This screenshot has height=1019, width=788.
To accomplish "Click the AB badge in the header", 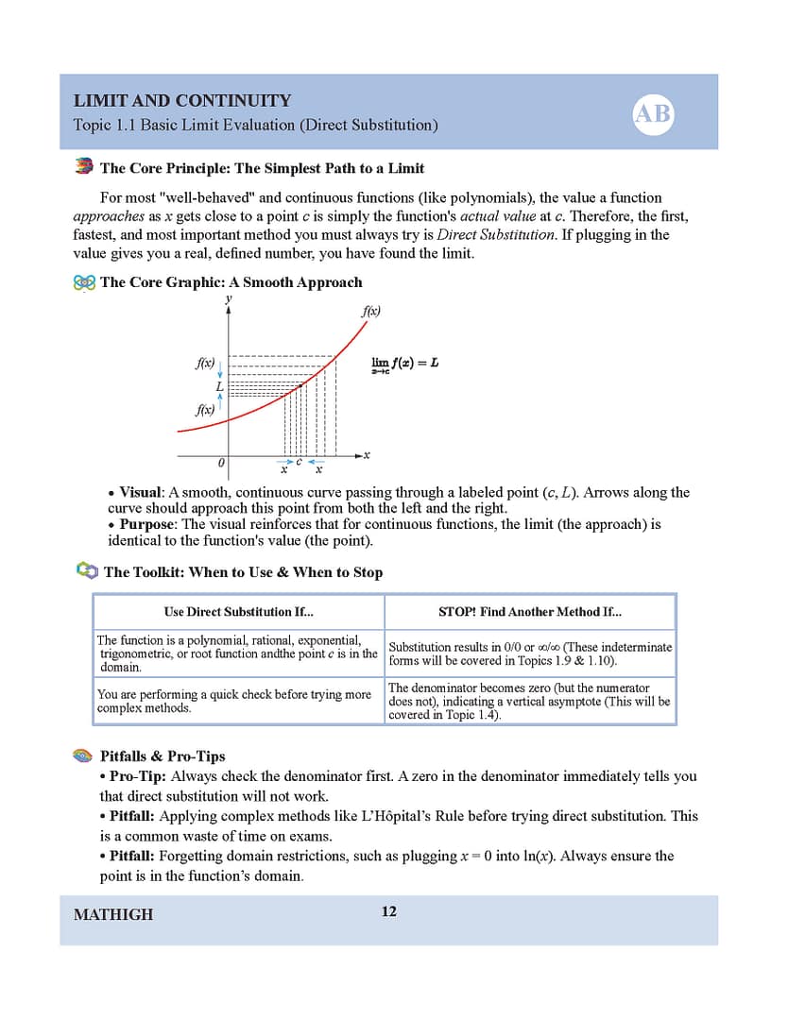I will point(653,114).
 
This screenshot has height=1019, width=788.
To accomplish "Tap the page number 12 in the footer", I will point(388,911).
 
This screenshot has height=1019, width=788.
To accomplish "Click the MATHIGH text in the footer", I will point(112,914).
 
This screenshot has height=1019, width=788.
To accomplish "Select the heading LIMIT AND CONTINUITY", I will point(181,101).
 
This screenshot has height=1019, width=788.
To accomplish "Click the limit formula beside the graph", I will point(404,364).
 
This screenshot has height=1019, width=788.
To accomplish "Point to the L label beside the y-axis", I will point(218,386).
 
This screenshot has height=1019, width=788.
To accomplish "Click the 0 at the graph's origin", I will point(220,463).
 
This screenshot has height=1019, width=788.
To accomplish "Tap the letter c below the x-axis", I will point(300,462).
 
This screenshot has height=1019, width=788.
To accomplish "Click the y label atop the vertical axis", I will point(228,298).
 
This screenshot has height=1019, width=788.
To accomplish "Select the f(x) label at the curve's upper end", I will point(370,310).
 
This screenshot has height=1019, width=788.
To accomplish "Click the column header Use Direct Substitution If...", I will point(238,612).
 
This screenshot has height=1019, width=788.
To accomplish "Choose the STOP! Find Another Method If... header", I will point(530,612).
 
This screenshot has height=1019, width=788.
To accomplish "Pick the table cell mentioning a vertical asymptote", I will point(529,702).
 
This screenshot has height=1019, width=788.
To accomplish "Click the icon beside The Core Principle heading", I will point(84,167).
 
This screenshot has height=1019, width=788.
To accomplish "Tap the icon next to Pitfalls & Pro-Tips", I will point(84,756).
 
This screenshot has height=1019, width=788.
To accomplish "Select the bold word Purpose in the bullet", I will point(147,524).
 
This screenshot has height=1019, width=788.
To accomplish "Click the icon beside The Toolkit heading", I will point(86,570).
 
